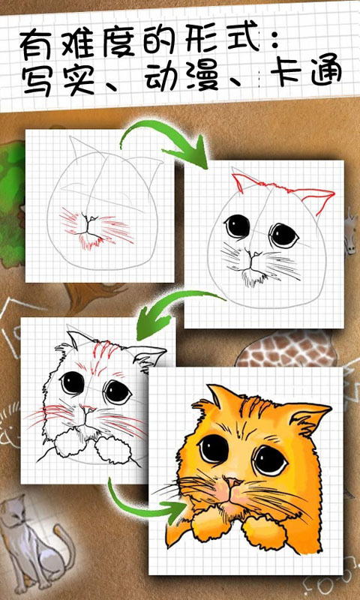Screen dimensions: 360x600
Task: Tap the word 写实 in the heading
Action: click(x=59, y=80)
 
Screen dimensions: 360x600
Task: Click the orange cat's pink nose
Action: click(x=232, y=482)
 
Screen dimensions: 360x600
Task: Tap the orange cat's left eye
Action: click(x=214, y=449)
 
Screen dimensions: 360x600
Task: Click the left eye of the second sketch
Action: click(x=237, y=226)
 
